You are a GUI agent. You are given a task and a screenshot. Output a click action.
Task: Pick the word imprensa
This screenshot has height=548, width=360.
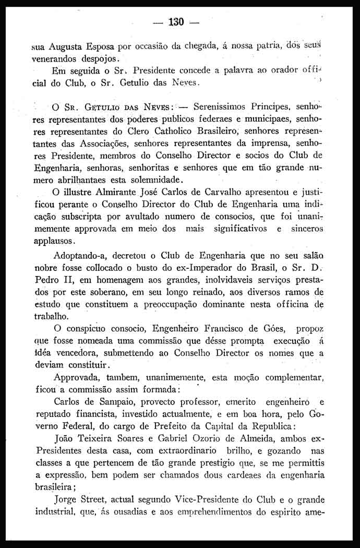273,142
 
